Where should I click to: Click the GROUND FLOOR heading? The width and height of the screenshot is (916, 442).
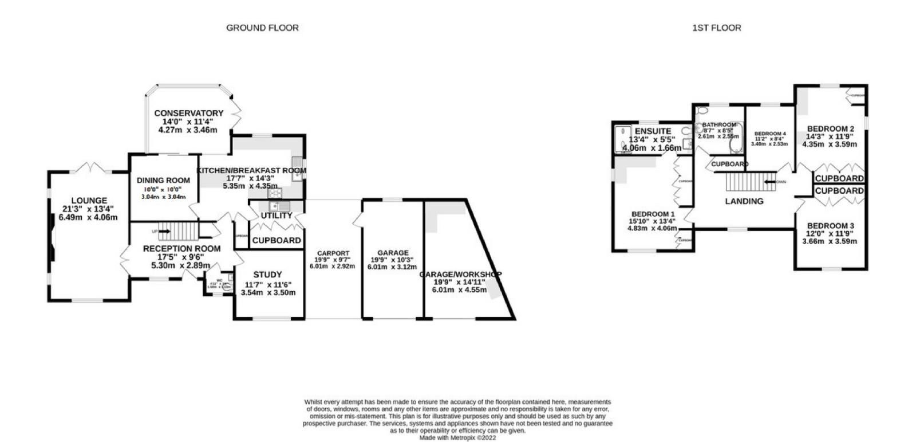click(262, 28)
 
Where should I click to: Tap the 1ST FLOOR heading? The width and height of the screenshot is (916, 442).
click(716, 28)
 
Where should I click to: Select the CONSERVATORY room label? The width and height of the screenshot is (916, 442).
click(188, 113)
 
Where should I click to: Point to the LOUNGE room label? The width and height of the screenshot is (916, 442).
click(89, 201)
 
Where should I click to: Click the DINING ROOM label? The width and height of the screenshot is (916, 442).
click(163, 180)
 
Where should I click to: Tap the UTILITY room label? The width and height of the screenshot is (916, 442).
click(277, 216)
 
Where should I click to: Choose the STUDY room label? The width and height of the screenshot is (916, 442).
click(268, 274)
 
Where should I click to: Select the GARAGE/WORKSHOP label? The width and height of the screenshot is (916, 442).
click(460, 274)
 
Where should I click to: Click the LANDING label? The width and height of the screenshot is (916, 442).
click(744, 201)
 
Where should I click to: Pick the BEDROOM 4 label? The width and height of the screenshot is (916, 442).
click(769, 134)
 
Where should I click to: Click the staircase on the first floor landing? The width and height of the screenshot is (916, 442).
click(748, 182)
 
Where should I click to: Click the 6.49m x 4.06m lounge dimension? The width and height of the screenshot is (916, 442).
click(89, 217)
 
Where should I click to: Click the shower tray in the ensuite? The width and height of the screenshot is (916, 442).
click(621, 139)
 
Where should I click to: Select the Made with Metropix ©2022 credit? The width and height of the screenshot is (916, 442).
click(457, 437)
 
